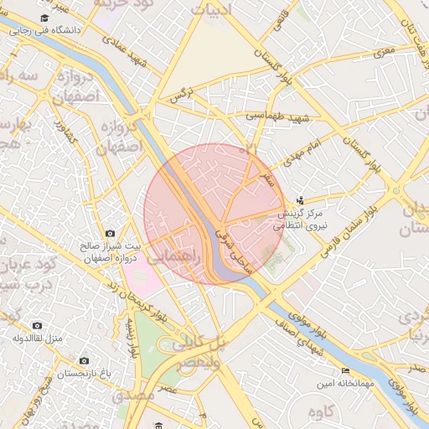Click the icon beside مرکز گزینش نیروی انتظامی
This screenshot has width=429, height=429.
tap(301, 200)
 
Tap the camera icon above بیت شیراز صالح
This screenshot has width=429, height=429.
tap(110, 234)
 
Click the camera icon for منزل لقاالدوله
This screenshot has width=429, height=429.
tap(36, 325)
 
